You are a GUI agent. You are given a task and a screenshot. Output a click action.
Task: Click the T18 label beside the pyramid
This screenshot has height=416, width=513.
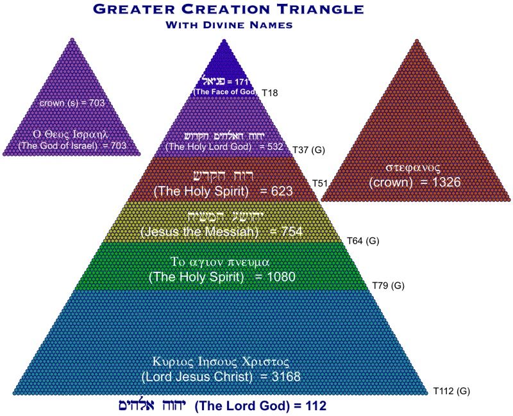pyautogui.click(x=269, y=93)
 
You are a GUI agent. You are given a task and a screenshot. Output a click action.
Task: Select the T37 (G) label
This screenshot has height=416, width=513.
pyautogui.click(x=310, y=149)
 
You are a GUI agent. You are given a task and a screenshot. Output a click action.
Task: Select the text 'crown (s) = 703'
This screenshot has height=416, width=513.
pyautogui.click(x=72, y=102)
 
